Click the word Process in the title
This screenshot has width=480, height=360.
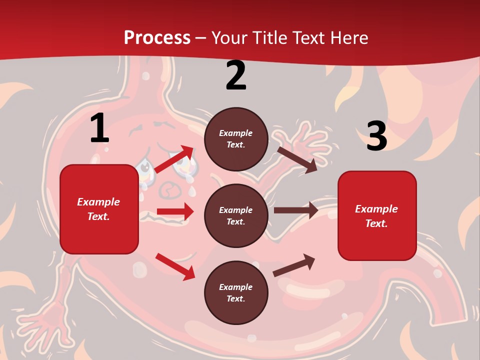pos(157,38)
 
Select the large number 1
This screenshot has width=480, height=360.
pos(99,128)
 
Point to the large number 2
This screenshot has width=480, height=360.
pos(236,76)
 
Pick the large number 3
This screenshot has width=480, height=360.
pos(377,136)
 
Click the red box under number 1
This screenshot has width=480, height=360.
pos(99,209)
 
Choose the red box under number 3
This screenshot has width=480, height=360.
pos(377,215)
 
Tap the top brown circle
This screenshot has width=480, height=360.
pos(236,139)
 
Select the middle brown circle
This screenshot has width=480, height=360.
pos(236,216)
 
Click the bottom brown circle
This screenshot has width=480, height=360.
pos(236,292)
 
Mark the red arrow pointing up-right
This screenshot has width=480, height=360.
pos(174,159)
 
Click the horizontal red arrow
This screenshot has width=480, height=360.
pos(175,211)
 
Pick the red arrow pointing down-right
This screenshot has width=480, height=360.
pos(175,266)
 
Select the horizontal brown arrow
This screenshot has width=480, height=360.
pos(296,210)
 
